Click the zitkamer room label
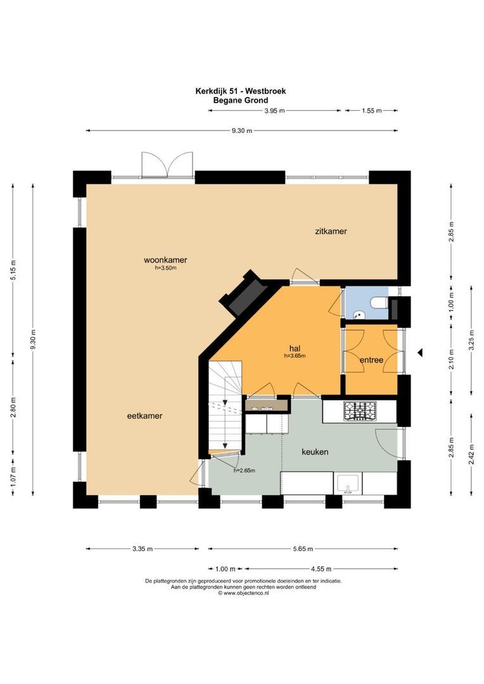pyautogui.click(x=331, y=231)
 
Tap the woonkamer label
pyautogui.click(x=165, y=260)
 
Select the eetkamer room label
pyautogui.click(x=144, y=416)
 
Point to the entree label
pyautogui.click(x=371, y=360)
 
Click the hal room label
pyautogui.click(x=294, y=348)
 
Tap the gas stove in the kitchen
pyautogui.click(x=359, y=411)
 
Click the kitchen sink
pyautogui.click(x=347, y=484)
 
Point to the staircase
pyautogui.click(x=224, y=405)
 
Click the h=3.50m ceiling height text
pyautogui.click(x=165, y=268)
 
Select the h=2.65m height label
pyautogui.click(x=244, y=470)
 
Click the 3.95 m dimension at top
pyautogui.click(x=274, y=111)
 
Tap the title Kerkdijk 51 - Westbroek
pyautogui.click(x=240, y=91)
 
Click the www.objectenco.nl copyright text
pyautogui.click(x=243, y=593)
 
